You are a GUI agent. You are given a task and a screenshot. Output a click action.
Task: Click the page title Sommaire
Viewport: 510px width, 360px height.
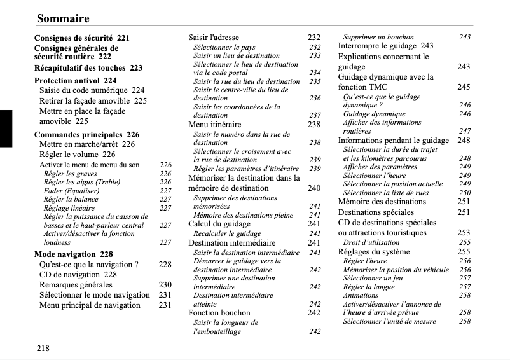(63, 18)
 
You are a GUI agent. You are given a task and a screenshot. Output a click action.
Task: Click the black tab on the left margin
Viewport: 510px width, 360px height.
(6, 128)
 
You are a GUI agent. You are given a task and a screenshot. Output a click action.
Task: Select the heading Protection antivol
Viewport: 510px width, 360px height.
(67, 81)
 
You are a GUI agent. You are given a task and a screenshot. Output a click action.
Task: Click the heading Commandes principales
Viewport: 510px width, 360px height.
(78, 135)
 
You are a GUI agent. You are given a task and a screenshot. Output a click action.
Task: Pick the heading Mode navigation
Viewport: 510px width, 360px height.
(65, 254)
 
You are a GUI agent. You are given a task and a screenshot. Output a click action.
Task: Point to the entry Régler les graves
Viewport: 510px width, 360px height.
(70, 174)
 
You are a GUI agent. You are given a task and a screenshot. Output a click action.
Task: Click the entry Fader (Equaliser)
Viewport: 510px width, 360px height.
(71, 191)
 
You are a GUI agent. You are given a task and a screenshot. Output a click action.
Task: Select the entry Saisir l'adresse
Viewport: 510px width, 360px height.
(214, 38)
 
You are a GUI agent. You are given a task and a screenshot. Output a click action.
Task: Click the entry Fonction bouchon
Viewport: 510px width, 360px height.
(219, 313)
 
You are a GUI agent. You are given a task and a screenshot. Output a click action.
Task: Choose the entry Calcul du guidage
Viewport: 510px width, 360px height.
(219, 224)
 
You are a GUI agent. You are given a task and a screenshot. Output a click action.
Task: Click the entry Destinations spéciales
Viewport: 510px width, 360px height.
(377, 212)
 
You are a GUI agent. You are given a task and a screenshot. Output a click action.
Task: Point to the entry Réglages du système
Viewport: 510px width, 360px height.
(373, 252)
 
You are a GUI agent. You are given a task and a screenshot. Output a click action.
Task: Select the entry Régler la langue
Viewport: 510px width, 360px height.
(369, 287)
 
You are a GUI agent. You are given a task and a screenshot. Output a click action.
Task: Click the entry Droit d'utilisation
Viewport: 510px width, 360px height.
(371, 242)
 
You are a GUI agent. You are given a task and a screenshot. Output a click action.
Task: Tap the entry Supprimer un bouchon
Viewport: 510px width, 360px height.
(378, 37)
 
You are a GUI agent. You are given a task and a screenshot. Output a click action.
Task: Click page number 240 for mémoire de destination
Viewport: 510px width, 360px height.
(314, 188)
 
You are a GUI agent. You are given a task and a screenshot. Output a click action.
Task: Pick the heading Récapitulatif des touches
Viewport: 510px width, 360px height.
(79, 68)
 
